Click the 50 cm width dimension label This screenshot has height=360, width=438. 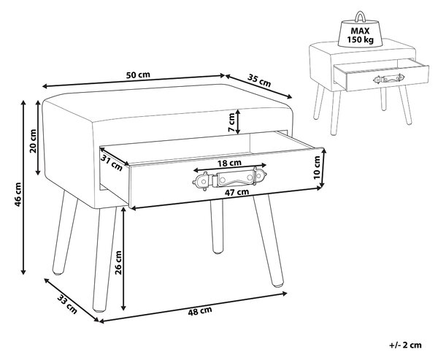click(138, 75)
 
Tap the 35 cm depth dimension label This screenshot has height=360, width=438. click(259, 80)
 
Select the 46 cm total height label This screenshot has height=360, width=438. click(18, 194)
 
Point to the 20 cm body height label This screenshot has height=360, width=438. click(34, 141)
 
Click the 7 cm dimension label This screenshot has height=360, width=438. click(231, 123)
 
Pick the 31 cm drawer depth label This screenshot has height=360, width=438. click(112, 163)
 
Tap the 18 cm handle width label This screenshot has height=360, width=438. click(229, 163)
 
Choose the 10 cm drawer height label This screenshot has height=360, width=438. click(317, 168)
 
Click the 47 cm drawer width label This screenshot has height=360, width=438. click(237, 192)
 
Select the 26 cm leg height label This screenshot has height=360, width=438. click(118, 262)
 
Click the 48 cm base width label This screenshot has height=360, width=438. click(200, 311)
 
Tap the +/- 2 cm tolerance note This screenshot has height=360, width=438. click(405, 345)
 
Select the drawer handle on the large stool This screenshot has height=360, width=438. click(229, 179)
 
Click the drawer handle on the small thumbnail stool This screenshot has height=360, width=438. click(389, 79)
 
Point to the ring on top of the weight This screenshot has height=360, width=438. click(360, 16)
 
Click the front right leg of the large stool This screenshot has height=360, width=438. click(268, 241)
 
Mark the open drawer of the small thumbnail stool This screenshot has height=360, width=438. click(381, 75)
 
